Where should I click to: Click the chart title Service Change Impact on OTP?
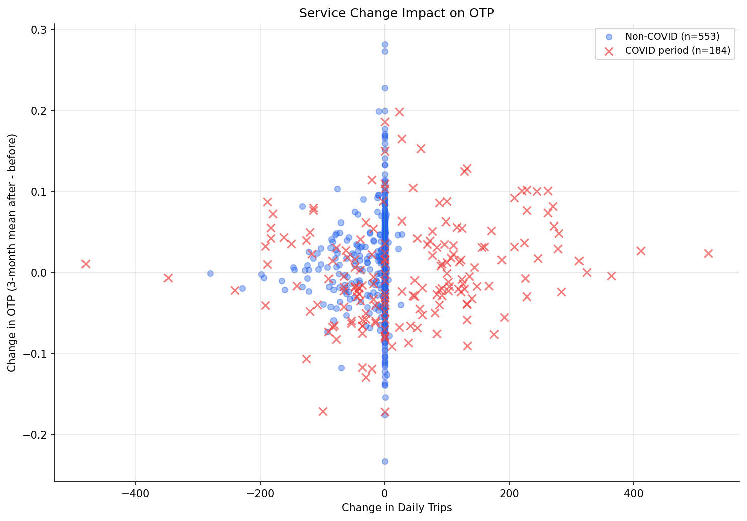396,13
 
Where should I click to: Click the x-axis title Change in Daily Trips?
396,508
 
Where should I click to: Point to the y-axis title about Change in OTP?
12,253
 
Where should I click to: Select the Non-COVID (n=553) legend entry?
672,37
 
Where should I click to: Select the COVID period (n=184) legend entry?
677,51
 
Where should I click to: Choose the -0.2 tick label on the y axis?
35,435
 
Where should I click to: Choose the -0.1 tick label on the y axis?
35,354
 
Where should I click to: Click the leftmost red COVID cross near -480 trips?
86,264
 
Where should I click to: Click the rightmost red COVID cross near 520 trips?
708,253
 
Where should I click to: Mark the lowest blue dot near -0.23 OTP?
385,461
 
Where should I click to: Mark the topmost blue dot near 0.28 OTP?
385,44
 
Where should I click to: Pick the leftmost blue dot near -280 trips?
210,273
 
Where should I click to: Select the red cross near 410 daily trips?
641,251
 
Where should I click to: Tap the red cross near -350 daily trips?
168,278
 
